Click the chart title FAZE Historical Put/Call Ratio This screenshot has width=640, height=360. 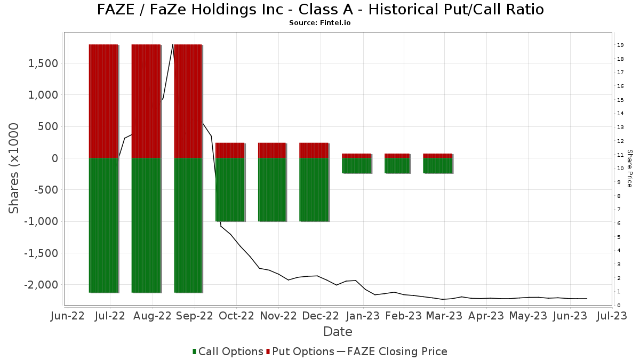(x=320, y=10)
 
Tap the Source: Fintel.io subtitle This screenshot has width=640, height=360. (x=320, y=23)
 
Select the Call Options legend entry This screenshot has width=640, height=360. (x=228, y=351)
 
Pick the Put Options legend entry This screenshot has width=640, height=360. (x=301, y=351)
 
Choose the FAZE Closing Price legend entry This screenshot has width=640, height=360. (x=392, y=351)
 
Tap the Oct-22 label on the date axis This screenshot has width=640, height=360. (x=236, y=316)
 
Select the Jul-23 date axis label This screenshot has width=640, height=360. (x=611, y=316)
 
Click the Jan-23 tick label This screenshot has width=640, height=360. (x=363, y=316)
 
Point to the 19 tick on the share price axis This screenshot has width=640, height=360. (x=620, y=45)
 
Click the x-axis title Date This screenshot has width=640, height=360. (x=338, y=332)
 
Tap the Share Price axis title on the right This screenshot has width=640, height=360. (x=629, y=168)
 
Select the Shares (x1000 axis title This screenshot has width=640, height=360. (x=14, y=168)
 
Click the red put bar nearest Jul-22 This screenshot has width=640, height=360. (x=103, y=101)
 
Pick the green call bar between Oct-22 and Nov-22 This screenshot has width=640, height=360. (x=272, y=189)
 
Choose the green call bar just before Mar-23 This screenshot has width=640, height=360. (x=437, y=165)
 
